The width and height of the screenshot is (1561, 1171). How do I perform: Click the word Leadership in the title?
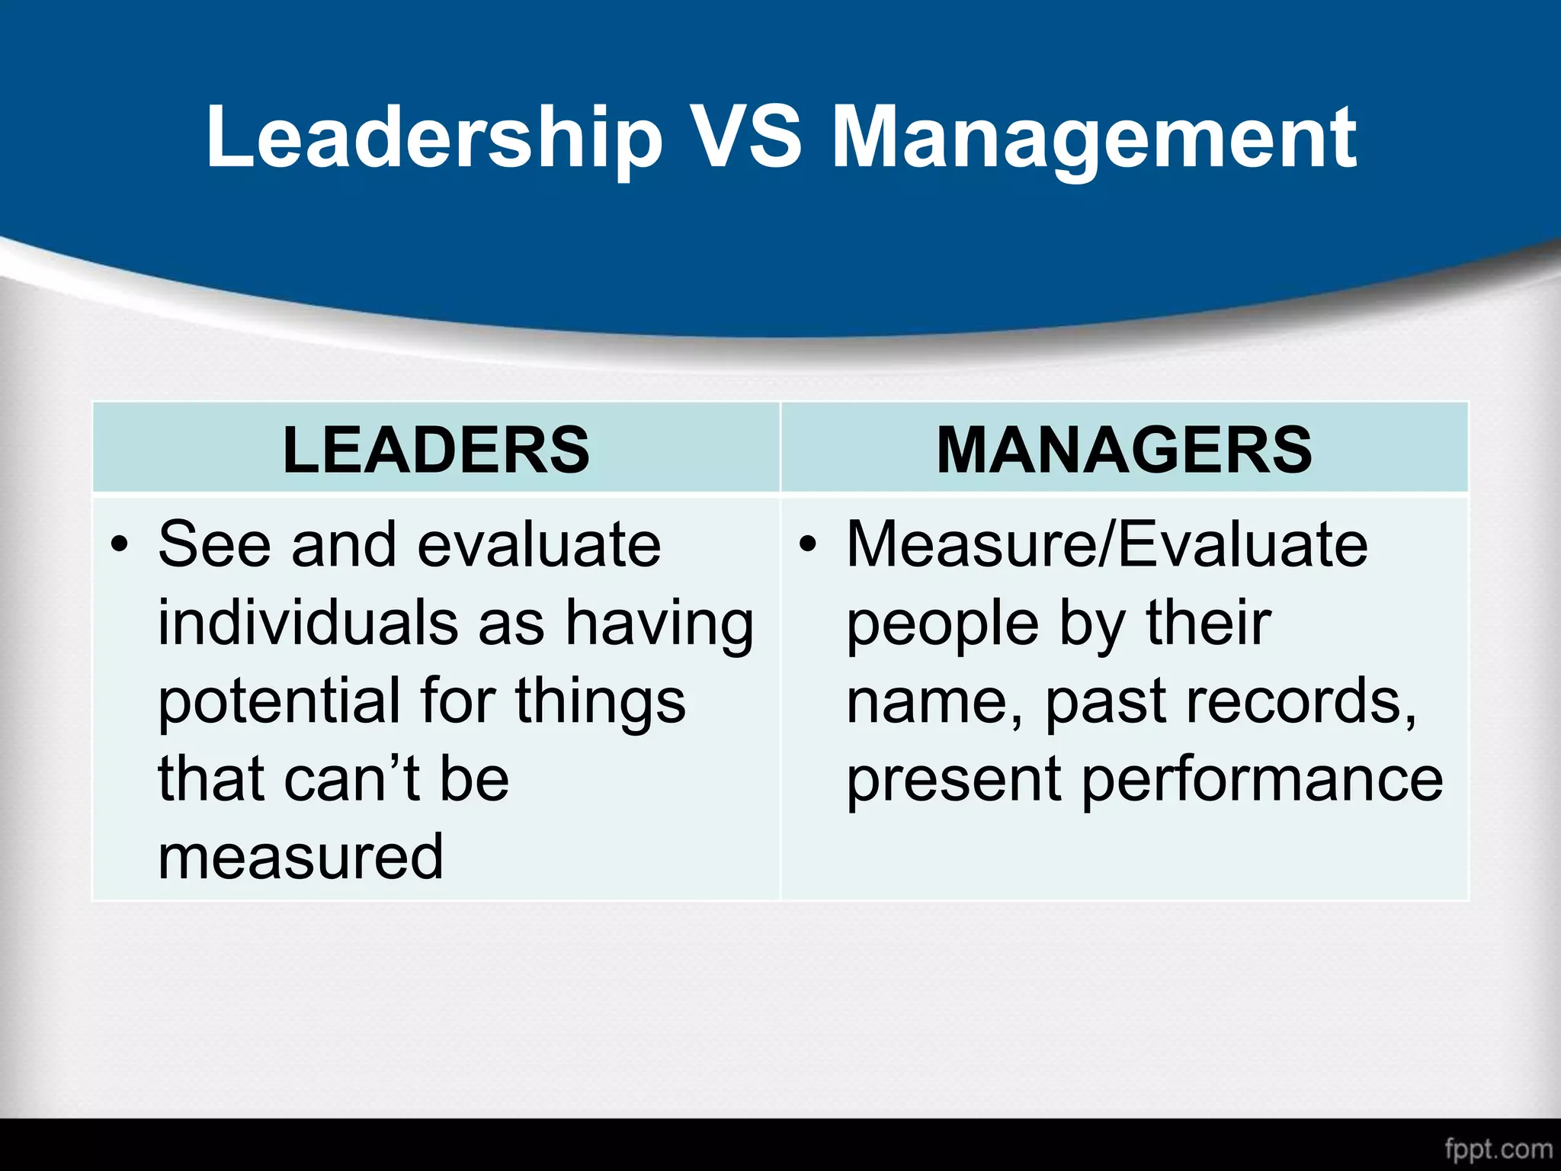click(x=434, y=137)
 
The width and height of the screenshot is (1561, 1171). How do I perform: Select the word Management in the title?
click(x=1094, y=137)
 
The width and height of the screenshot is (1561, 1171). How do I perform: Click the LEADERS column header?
click(x=436, y=450)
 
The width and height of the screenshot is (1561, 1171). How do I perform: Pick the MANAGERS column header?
click(x=1124, y=450)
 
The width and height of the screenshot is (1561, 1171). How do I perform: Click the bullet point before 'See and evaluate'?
click(x=119, y=545)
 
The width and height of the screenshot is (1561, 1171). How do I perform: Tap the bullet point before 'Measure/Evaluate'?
click(x=807, y=545)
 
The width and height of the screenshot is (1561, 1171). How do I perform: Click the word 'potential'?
click(x=279, y=701)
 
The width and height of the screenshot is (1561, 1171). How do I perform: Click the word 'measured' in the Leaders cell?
click(x=300, y=857)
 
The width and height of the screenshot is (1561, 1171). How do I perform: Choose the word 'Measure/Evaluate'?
click(x=1107, y=545)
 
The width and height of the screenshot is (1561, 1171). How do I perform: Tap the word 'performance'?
click(x=1262, y=781)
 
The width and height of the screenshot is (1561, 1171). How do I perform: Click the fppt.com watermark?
click(x=1498, y=1149)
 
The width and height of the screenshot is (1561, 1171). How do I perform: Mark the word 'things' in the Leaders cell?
click(x=601, y=701)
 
